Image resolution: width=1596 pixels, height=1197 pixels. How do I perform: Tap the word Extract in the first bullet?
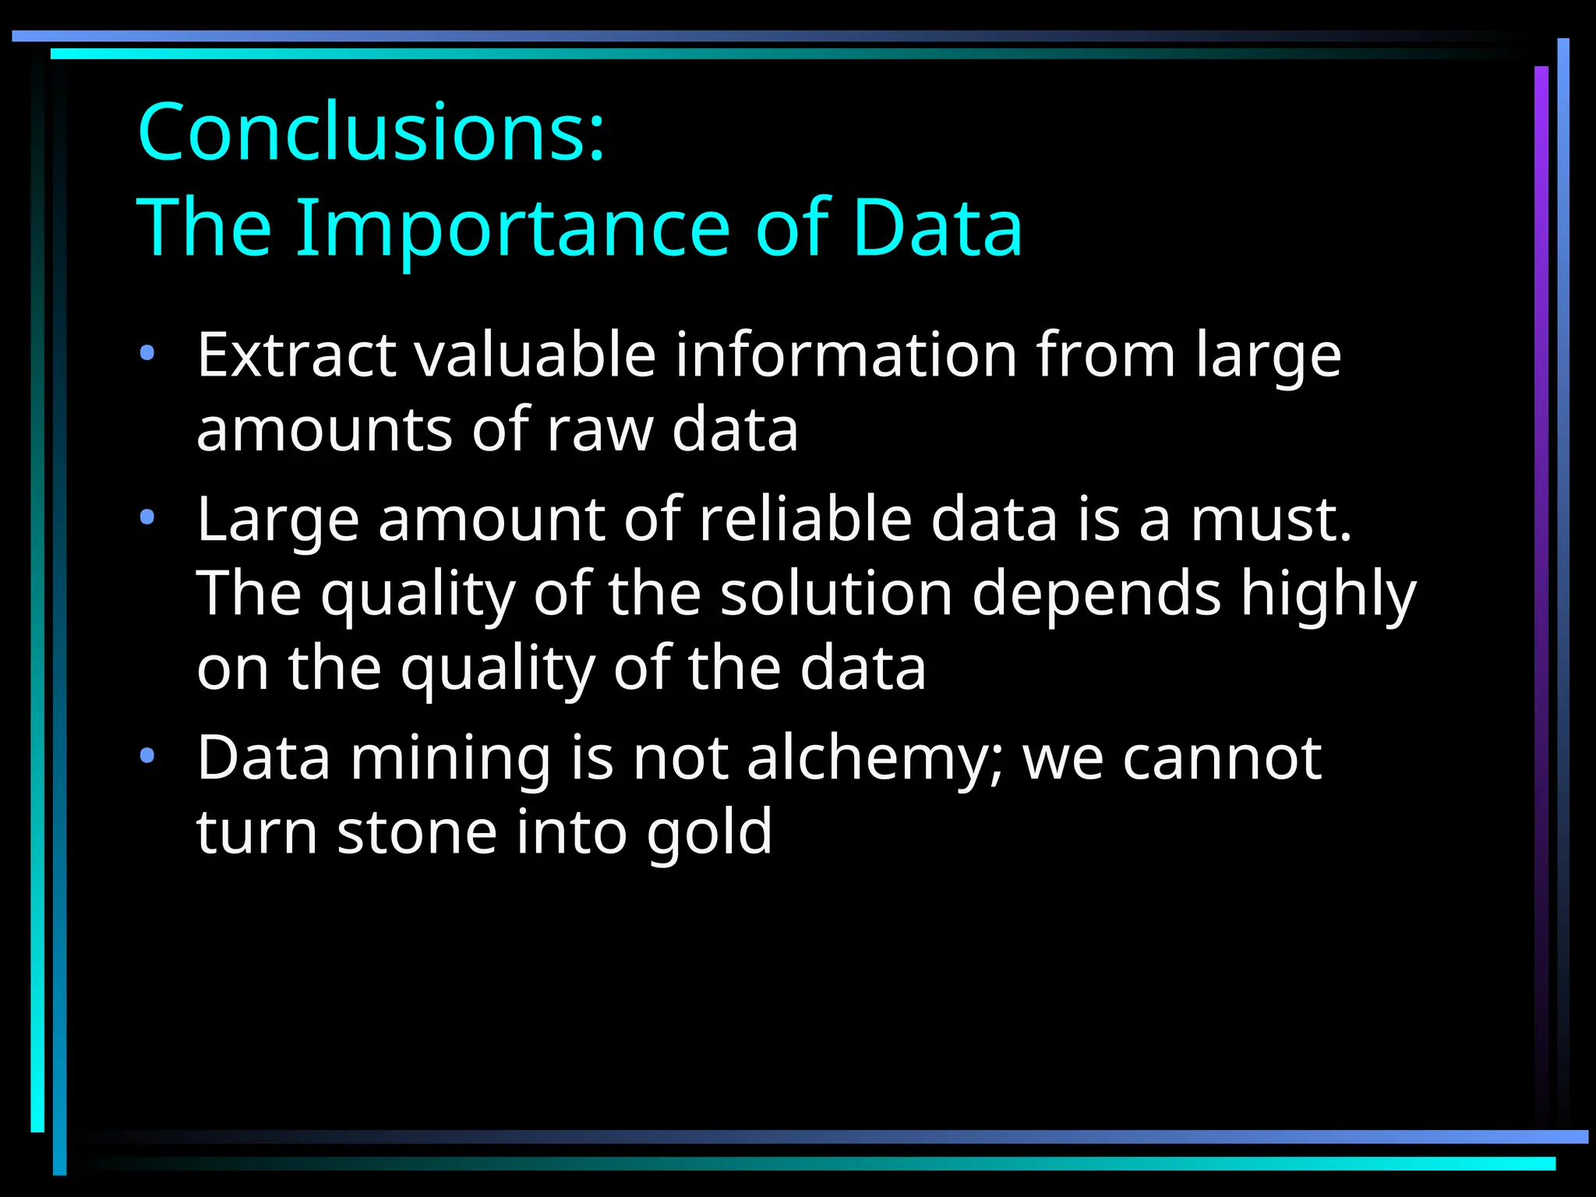click(x=296, y=355)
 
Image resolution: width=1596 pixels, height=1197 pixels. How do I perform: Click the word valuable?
click(x=535, y=355)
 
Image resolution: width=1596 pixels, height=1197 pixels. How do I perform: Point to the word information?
click(x=846, y=355)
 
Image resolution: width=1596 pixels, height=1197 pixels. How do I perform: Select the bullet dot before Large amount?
click(x=147, y=517)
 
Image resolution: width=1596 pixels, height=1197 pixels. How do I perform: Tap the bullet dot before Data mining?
click(x=147, y=756)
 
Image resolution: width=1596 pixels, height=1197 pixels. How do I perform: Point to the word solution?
click(x=836, y=594)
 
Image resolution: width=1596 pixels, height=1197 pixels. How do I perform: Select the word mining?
click(x=450, y=759)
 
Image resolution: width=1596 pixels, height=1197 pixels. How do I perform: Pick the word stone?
click(x=417, y=832)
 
